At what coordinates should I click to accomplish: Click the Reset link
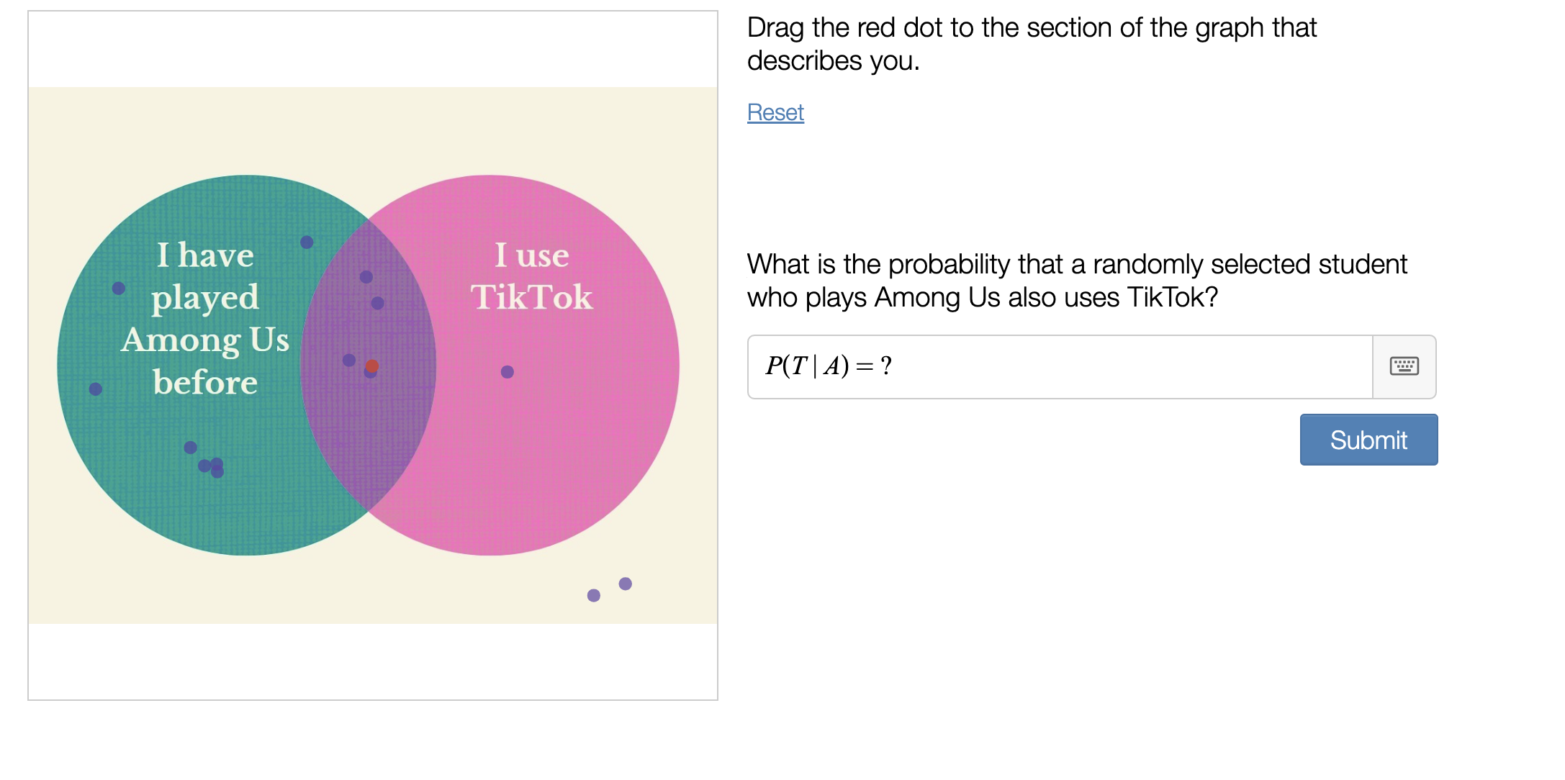coord(775,113)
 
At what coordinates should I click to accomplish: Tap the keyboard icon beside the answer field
coord(1404,366)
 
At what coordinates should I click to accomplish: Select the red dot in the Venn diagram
coord(372,366)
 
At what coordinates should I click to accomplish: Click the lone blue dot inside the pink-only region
coord(508,372)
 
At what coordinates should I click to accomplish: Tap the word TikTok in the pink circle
coord(531,297)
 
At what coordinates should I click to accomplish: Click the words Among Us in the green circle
coord(205,340)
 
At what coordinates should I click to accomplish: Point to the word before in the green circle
coord(205,382)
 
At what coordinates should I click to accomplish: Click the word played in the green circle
coord(205,297)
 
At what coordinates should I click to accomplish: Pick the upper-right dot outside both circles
coord(626,584)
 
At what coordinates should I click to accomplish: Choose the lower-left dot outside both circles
coord(594,595)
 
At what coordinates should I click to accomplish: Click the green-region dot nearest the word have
coord(307,242)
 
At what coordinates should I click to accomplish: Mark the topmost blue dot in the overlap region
coord(366,277)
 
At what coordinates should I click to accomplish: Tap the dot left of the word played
coord(119,289)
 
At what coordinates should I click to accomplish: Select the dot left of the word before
coord(96,389)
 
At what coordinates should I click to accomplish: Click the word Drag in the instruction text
coord(775,28)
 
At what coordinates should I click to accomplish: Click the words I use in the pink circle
coord(531,255)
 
